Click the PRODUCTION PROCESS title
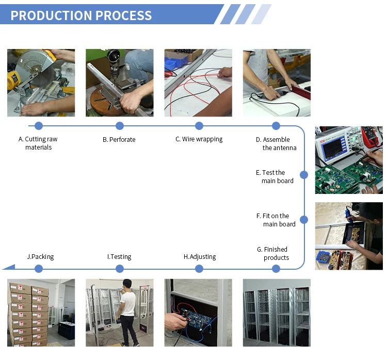pos(81,15)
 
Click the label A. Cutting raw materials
pos(38,143)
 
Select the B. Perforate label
pos(119,139)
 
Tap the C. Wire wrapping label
pos(199,139)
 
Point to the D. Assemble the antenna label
pos(276,143)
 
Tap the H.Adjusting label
pos(200,256)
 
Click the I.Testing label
pos(119,256)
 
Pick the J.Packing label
pos(40,256)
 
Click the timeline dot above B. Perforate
pos(120,126)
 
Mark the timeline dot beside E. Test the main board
pos(304,175)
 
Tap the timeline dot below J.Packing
pos(39,268)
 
